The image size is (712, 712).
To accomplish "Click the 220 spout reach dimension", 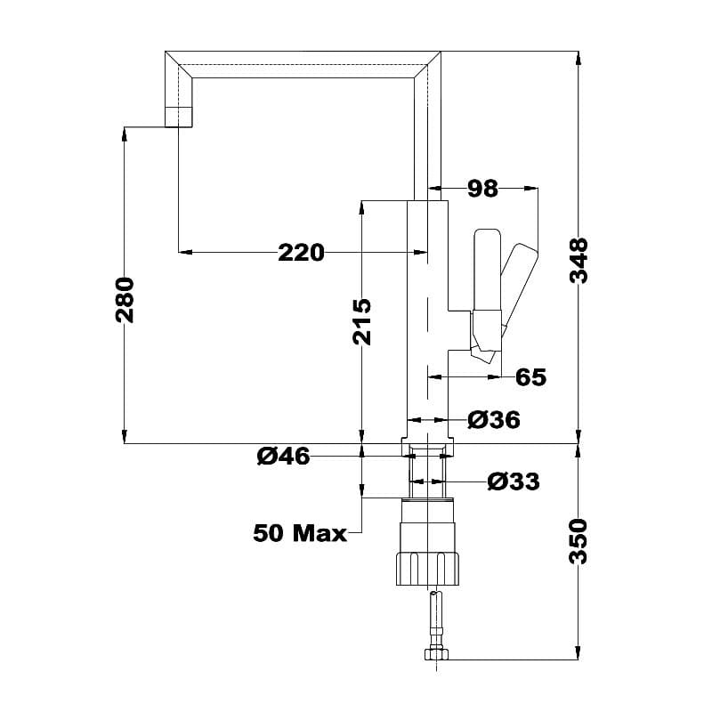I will click(x=301, y=253).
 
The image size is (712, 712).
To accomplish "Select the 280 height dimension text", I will click(x=125, y=299).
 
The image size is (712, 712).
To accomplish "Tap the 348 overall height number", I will click(x=579, y=260).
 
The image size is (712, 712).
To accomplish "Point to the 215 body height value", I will click(x=361, y=321).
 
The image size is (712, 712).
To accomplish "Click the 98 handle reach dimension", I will click(x=482, y=188).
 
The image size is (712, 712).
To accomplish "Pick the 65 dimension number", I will click(x=530, y=376).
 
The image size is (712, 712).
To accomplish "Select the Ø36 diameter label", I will click(x=493, y=420).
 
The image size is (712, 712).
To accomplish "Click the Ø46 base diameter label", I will click(x=283, y=457).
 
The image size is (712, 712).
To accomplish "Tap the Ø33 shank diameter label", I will click(x=514, y=481).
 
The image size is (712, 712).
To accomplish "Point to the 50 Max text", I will click(x=300, y=533).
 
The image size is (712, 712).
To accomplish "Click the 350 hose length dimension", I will click(x=579, y=540).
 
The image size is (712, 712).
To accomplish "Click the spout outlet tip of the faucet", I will click(x=178, y=117).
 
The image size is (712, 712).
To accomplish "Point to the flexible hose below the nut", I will click(x=433, y=619).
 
